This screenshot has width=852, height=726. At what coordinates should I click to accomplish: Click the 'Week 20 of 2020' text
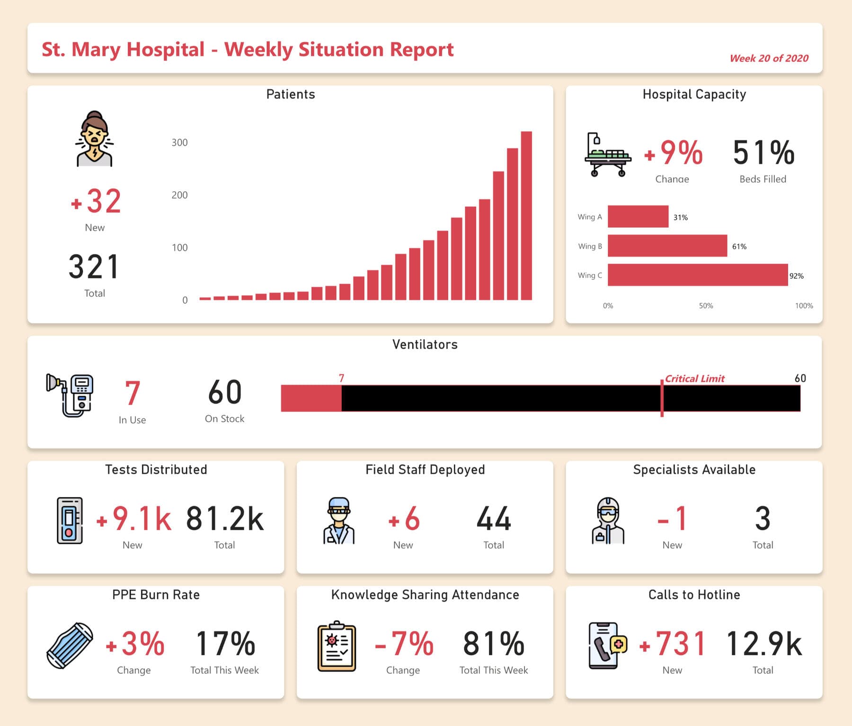[769, 58]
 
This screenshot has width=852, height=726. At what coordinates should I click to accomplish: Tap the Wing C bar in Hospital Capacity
[697, 275]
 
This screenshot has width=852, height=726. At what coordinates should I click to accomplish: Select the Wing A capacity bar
[638, 217]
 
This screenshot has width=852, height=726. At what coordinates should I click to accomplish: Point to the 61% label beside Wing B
[739, 247]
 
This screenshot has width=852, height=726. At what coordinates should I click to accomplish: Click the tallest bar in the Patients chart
[526, 216]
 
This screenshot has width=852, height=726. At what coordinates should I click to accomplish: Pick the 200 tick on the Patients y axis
[179, 195]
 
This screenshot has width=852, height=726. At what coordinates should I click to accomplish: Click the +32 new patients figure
[96, 202]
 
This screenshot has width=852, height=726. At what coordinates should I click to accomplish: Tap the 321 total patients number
[94, 267]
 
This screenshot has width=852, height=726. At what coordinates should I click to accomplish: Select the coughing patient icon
[95, 139]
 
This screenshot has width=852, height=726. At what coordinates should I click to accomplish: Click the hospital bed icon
[608, 155]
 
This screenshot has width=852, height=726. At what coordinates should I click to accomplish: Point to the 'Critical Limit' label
[694, 379]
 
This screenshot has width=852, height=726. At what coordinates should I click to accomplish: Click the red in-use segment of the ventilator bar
[311, 398]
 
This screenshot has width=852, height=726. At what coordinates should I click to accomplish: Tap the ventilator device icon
[70, 395]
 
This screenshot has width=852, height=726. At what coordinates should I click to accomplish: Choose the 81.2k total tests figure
[224, 519]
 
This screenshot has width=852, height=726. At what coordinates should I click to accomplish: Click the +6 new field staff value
[404, 519]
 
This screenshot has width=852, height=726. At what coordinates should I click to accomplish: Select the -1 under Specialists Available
[672, 519]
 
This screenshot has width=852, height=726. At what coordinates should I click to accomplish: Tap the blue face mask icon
[70, 645]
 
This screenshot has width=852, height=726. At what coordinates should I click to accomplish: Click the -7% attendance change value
[404, 644]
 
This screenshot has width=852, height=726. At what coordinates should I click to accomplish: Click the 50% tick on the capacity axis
[705, 306]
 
